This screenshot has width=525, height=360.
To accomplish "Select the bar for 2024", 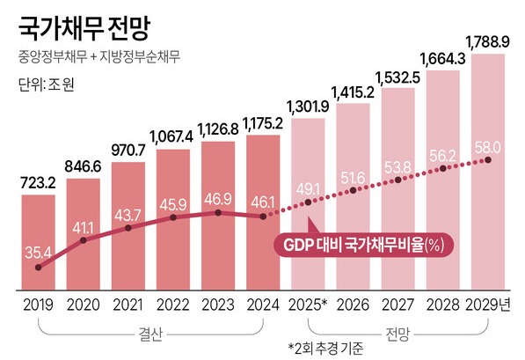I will (x=263, y=211).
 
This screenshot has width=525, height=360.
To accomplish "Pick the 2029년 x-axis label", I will (x=490, y=305).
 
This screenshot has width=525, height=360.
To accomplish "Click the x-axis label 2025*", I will (x=309, y=305).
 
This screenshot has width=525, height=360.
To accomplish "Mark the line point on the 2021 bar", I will (x=129, y=228).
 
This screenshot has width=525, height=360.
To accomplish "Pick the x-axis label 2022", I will (x=174, y=305).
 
